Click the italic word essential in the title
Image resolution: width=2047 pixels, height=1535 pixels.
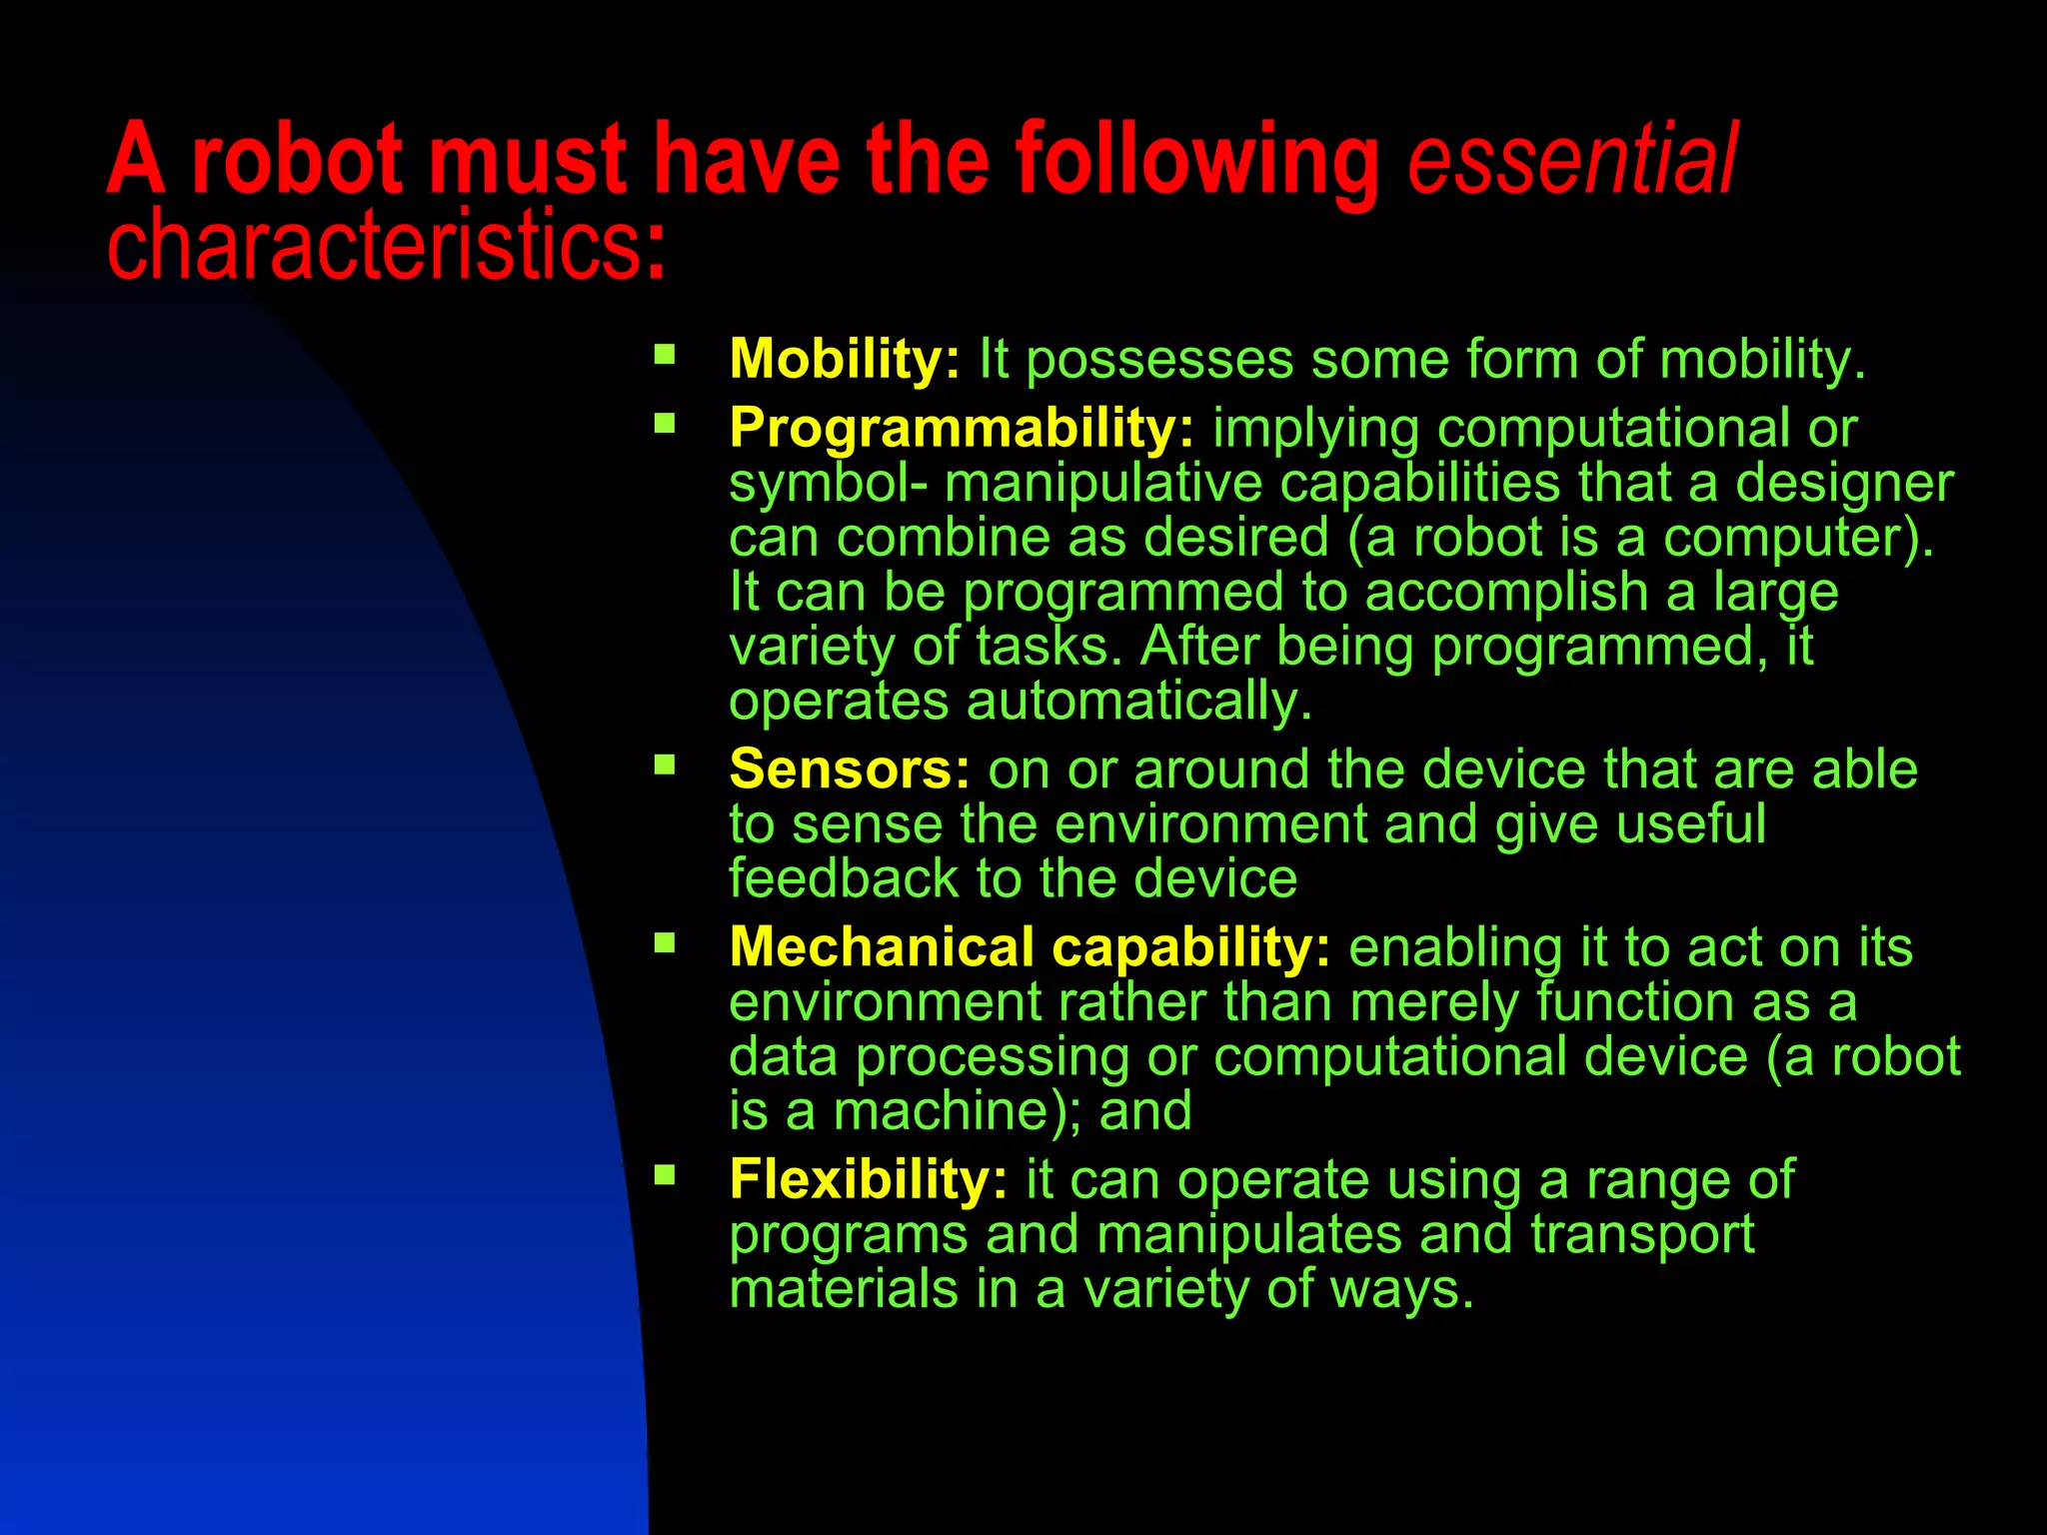[1572, 160]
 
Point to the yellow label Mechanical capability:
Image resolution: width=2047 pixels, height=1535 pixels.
[1029, 946]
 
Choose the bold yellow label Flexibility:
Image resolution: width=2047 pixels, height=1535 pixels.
[868, 1179]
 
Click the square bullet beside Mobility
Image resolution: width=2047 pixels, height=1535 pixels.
[665, 354]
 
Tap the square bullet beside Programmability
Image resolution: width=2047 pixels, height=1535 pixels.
[665, 423]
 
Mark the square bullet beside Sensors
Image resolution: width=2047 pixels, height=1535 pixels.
[665, 765]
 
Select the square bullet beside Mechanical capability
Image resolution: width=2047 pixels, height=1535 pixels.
[665, 941]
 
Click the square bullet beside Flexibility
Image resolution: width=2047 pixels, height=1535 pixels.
[665, 1174]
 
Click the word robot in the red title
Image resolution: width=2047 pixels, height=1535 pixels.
[297, 160]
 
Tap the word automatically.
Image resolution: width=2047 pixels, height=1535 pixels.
[1138, 702]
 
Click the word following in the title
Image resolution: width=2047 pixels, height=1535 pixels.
[1197, 160]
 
